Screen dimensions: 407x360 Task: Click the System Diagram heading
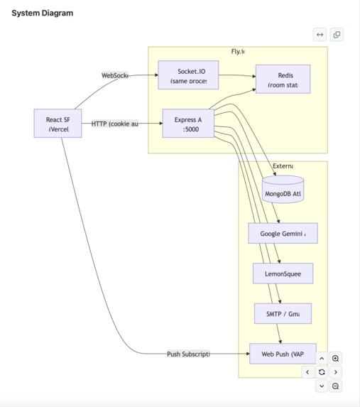click(42, 13)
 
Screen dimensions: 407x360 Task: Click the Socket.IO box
click(188, 75)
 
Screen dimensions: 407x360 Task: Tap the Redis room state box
click(283, 79)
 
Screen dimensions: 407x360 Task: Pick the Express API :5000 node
click(188, 124)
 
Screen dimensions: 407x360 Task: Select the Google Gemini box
click(283, 233)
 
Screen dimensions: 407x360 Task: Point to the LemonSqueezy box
click(283, 273)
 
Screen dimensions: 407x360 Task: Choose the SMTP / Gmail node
click(283, 313)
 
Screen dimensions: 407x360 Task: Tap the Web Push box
click(283, 353)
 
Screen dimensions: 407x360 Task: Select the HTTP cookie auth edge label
click(114, 124)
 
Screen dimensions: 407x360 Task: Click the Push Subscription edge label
click(188, 353)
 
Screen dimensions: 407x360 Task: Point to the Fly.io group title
click(238, 52)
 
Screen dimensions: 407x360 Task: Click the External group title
click(283, 165)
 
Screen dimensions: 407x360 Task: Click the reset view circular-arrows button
click(322, 371)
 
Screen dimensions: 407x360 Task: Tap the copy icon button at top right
click(337, 34)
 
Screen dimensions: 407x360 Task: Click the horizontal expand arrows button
click(320, 34)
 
